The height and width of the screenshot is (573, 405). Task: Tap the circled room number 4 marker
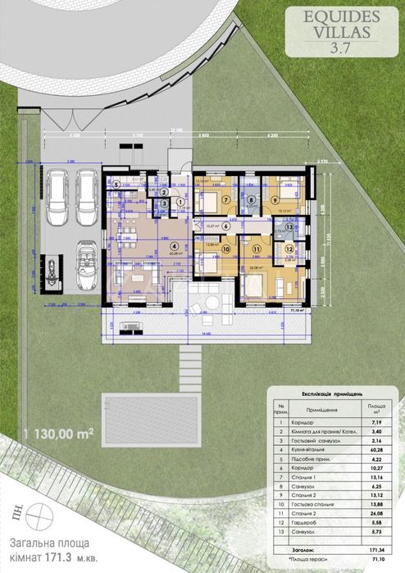[x=173, y=245]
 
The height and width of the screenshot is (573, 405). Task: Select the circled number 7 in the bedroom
[x=225, y=199]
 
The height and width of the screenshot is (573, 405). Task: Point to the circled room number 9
[x=275, y=199]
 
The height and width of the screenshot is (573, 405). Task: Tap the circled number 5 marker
[x=116, y=184]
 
